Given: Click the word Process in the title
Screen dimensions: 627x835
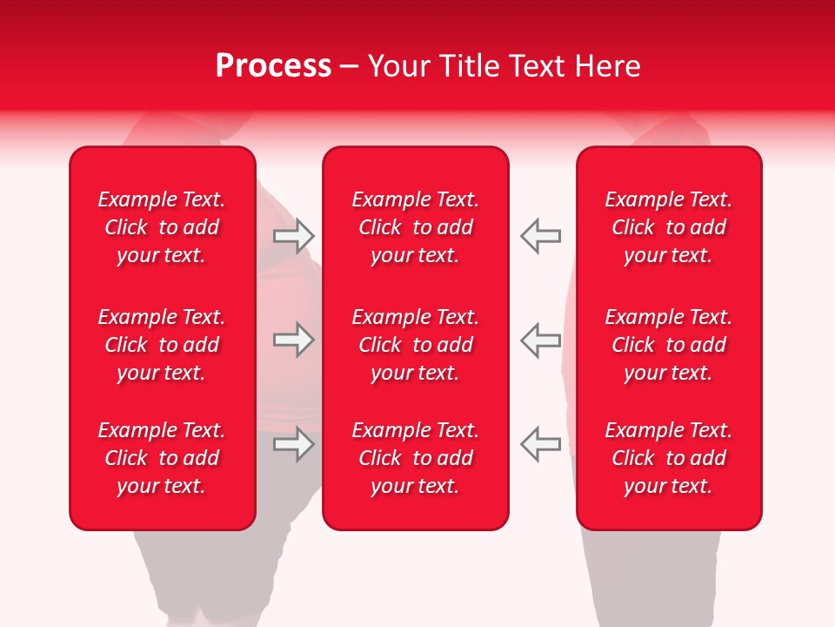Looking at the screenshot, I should pos(273,66).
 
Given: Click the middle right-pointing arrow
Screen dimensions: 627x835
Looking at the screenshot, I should pos(293,340).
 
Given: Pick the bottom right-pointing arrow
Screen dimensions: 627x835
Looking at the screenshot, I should pos(293,444).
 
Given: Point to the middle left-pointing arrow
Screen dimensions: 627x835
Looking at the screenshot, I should pos(540,340).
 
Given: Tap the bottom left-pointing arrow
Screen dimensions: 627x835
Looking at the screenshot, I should pos(540,444).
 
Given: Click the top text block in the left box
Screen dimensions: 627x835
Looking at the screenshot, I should pos(162,227).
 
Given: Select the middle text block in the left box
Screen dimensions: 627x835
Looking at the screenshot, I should pos(162,345).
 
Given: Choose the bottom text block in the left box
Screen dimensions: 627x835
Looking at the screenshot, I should pos(162,458).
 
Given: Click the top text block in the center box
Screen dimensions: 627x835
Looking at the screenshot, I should pos(415,227).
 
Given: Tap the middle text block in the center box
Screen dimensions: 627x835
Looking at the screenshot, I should pos(415,345).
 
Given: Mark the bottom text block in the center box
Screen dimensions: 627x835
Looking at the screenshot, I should pos(415,458).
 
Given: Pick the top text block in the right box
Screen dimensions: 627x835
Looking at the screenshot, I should pos(668,227).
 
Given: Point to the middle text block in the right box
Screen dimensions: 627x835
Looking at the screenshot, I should pos(668,345).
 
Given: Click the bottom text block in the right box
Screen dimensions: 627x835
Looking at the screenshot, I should pos(668,458).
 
